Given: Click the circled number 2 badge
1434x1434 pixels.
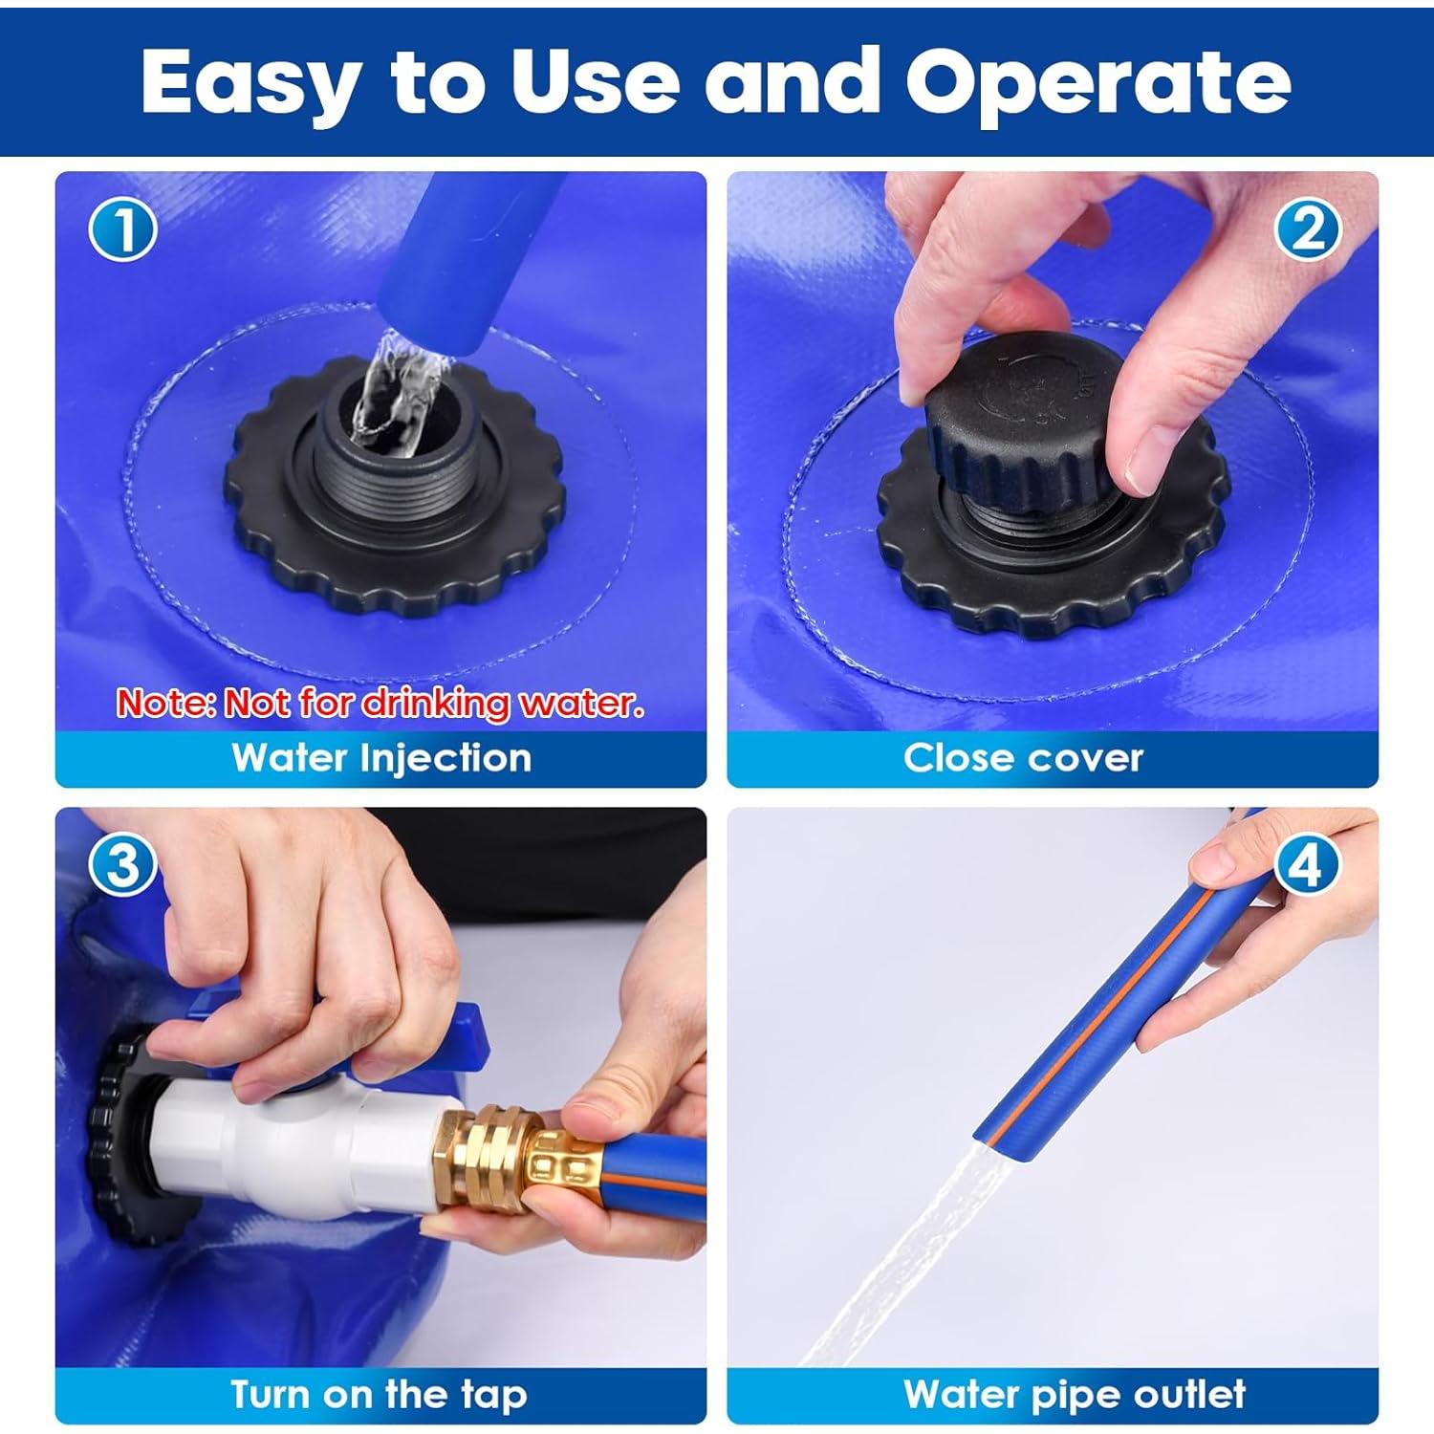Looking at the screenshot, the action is (x=1309, y=229).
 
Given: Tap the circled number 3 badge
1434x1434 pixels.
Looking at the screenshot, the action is (x=123, y=866).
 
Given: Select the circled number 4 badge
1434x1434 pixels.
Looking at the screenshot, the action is (x=1306, y=866).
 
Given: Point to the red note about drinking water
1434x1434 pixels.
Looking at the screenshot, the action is (x=380, y=704).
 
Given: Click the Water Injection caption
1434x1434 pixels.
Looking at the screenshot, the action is (x=381, y=758).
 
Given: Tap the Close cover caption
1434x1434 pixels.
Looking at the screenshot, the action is (x=1023, y=758).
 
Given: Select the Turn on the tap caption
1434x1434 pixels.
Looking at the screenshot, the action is (x=380, y=1395).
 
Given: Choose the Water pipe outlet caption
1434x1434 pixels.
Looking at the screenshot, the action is (x=1075, y=1395).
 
